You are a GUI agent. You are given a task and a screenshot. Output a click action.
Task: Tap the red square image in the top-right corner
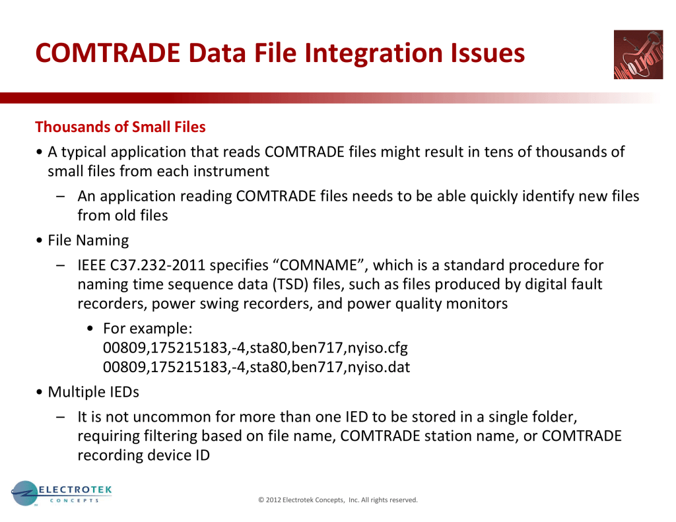coord(638,54)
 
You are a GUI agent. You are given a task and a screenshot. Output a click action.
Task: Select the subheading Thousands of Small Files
coord(120,127)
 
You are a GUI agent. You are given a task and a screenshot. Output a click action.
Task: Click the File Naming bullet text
coord(88,240)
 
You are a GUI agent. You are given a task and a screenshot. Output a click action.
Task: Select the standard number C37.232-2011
coord(158,265)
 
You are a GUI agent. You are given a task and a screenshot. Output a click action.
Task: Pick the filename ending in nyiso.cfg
coord(255,347)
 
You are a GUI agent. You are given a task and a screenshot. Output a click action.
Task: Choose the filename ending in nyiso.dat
coord(257,367)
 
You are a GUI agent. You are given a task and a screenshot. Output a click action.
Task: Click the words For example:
coord(148,329)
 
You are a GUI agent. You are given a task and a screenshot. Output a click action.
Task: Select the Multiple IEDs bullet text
coord(94,392)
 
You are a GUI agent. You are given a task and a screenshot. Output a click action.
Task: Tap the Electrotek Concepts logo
coord(61,494)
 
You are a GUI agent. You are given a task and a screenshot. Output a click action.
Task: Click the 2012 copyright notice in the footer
coord(338,500)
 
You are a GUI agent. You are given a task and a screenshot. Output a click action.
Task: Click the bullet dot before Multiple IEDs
coord(40,392)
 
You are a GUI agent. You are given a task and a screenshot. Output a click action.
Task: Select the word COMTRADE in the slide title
coord(108,53)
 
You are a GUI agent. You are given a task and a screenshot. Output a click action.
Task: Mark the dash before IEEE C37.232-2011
coord(61,265)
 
